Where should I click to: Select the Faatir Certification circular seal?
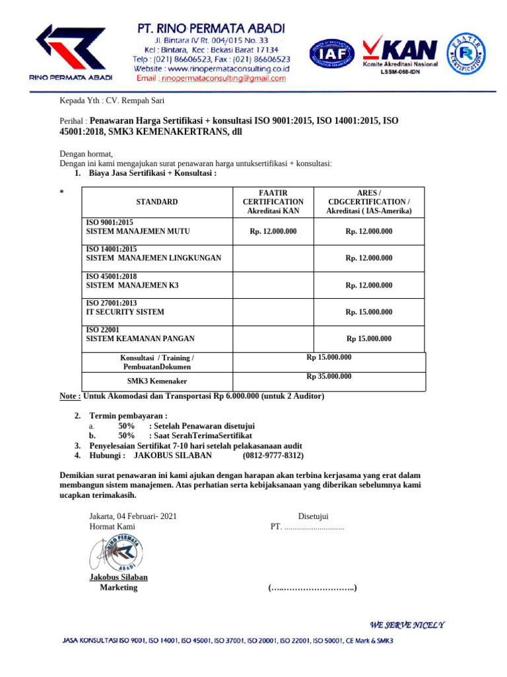click(469, 55)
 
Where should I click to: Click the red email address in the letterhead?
click(211, 78)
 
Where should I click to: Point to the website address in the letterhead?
click(212, 68)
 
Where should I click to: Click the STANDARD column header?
click(156, 202)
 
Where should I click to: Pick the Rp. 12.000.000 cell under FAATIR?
click(273, 231)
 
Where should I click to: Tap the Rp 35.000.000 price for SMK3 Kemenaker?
click(329, 377)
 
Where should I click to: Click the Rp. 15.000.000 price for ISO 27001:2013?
click(368, 312)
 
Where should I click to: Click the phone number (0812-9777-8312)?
click(273, 456)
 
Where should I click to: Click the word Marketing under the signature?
click(118, 587)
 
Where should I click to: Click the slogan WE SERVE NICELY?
click(407, 625)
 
